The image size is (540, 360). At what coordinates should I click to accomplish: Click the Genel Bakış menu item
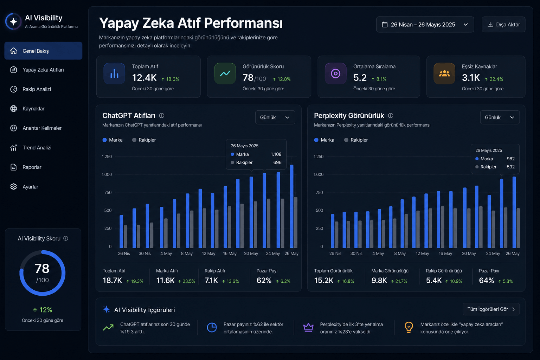tap(43, 51)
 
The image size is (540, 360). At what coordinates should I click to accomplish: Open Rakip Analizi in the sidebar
tap(37, 89)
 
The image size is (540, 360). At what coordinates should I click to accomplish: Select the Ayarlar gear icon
tap(13, 187)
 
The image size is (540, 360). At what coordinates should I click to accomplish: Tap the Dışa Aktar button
tap(503, 25)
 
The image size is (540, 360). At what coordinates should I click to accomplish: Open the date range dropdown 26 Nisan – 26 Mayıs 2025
tap(425, 25)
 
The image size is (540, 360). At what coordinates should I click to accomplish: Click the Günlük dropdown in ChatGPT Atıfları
tap(275, 117)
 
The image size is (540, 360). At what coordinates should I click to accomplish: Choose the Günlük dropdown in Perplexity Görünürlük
tap(500, 117)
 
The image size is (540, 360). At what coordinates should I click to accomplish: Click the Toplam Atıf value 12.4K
tap(144, 78)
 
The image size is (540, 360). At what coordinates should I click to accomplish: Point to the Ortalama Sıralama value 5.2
tap(360, 78)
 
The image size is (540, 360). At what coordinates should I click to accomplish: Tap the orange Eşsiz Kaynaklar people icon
tap(444, 73)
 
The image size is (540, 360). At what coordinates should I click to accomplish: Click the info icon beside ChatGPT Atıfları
tap(162, 116)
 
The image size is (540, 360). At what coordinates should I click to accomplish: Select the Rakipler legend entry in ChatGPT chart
tap(144, 140)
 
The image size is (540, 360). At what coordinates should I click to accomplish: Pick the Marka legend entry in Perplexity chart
tap(324, 140)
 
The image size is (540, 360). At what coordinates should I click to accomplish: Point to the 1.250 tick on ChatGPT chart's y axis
tap(107, 156)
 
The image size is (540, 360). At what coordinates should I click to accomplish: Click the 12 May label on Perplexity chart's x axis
tap(422, 253)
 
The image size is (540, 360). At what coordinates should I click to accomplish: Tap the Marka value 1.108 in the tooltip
tap(276, 154)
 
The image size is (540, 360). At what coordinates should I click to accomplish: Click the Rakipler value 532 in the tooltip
tap(510, 167)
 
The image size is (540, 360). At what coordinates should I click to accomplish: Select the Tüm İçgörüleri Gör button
tap(491, 309)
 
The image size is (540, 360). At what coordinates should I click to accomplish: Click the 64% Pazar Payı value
tap(487, 281)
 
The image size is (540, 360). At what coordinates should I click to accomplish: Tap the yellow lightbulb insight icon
tap(409, 327)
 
